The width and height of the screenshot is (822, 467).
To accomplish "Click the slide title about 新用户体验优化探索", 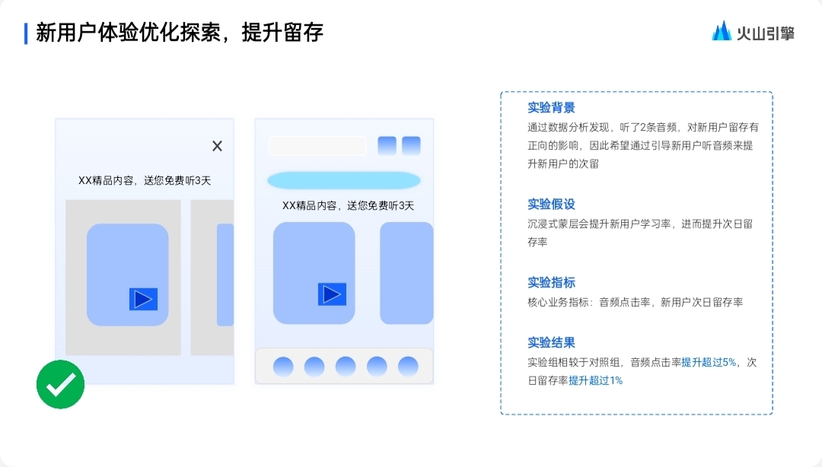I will click(180, 33).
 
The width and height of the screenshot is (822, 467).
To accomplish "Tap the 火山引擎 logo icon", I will click(722, 31).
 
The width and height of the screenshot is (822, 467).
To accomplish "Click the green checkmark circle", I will click(61, 384).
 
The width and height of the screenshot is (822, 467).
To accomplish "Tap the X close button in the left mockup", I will click(217, 146).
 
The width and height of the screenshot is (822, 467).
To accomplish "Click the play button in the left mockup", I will click(143, 299).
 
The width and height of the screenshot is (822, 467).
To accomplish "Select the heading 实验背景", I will click(551, 107).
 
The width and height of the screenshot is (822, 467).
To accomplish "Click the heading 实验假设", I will click(551, 204).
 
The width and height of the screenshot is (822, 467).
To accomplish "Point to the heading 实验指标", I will click(551, 282).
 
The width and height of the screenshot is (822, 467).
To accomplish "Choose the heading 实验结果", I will click(551, 342).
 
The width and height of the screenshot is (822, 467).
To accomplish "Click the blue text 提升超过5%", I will click(709, 362).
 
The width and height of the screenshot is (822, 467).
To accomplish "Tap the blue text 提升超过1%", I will click(595, 380).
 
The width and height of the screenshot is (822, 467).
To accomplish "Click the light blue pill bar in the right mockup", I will click(343, 180).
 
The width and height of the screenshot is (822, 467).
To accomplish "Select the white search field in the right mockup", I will click(317, 145).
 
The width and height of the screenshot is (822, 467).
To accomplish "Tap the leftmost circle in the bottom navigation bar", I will click(283, 367).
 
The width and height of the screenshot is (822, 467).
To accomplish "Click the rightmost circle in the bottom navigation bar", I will click(408, 367).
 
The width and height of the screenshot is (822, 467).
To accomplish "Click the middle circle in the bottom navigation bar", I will click(346, 367).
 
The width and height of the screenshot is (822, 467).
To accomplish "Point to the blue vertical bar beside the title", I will click(26, 33).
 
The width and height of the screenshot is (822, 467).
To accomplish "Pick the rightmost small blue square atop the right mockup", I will click(411, 145).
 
